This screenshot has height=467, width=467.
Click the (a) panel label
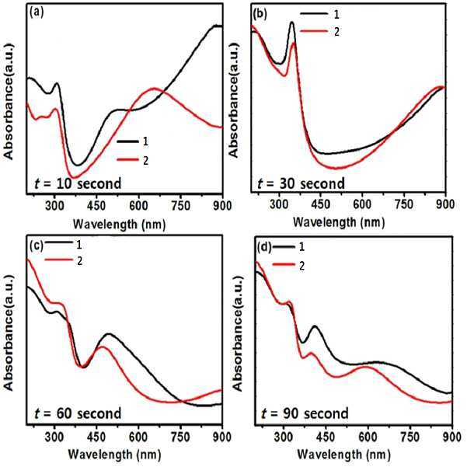click(37, 12)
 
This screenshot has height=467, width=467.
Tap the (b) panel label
click(260, 14)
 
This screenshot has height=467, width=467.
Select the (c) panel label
click(37, 245)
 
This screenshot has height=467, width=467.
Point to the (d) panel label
click(265, 247)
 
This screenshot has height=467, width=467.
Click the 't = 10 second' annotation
click(78, 183)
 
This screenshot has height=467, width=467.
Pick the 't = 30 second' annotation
click(301, 183)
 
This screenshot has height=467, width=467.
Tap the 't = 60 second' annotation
click(78, 413)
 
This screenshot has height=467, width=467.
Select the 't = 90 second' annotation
click(305, 413)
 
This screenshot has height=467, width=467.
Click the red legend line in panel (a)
click(127, 160)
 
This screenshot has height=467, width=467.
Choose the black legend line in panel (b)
click(314, 13)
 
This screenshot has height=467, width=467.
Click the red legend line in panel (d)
click(284, 264)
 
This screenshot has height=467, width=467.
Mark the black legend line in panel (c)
click(59, 242)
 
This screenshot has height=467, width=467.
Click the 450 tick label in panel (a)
click(96, 206)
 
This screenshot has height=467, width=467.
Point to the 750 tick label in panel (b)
click(405, 204)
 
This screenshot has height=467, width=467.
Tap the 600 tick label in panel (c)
click(138, 437)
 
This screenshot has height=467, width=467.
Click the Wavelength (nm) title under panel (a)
click(119, 224)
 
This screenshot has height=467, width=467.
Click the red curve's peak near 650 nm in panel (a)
click(154, 88)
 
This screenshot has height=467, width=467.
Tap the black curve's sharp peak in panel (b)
click(292, 22)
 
